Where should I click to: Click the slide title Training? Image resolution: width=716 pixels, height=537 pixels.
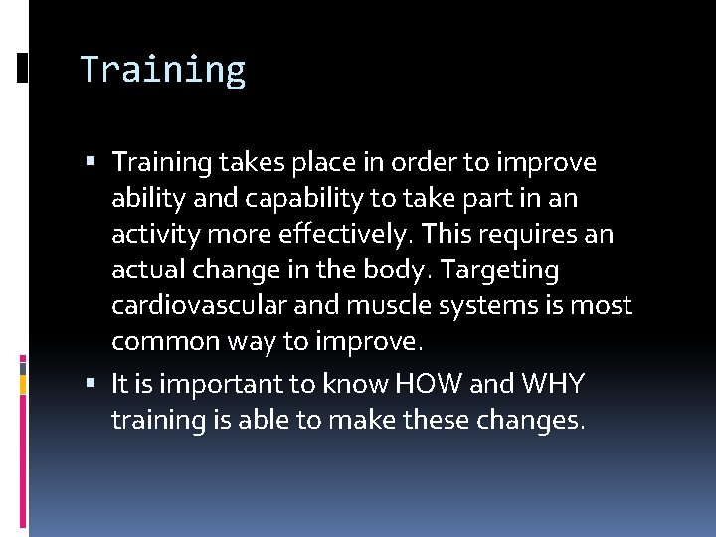162,70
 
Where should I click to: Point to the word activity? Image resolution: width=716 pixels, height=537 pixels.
149,234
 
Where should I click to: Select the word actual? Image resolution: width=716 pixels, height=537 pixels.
146,269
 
